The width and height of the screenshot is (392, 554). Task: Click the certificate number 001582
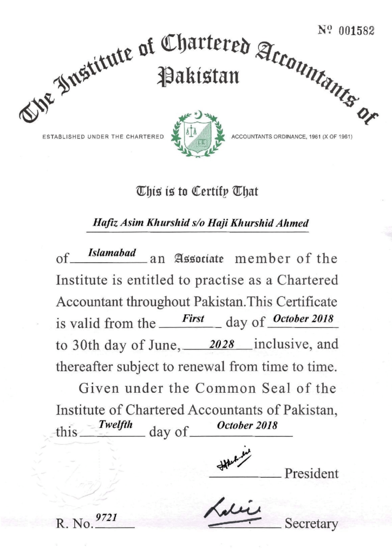click(x=357, y=31)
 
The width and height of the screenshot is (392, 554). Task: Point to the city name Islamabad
click(x=108, y=253)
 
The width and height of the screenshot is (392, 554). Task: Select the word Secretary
click(x=311, y=524)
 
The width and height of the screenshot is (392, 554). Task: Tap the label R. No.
click(x=74, y=524)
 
